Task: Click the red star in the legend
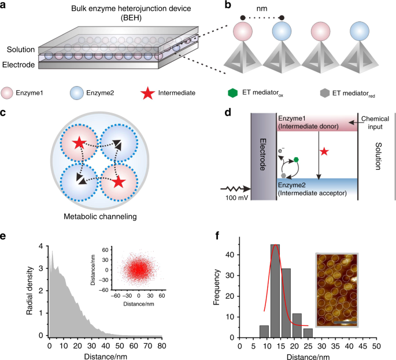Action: pyautogui.click(x=148, y=93)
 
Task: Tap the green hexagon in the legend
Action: pyautogui.click(x=232, y=93)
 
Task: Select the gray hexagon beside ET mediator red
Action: pyautogui.click(x=325, y=93)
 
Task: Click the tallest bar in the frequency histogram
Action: pyautogui.click(x=275, y=291)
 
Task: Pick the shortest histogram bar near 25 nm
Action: pyautogui.click(x=308, y=333)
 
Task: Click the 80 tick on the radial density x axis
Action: pyautogui.click(x=162, y=346)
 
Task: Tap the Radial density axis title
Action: pyautogui.click(x=29, y=291)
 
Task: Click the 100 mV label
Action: pyautogui.click(x=236, y=198)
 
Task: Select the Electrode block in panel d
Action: pyautogui.click(x=264, y=157)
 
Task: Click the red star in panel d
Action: pyautogui.click(x=324, y=151)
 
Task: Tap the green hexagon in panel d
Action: pyautogui.click(x=296, y=159)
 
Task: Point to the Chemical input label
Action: pyautogui.click(x=375, y=123)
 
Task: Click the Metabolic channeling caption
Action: pyautogui.click(x=100, y=217)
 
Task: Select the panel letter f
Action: pyautogui.click(x=217, y=236)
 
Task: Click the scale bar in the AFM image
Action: pyautogui.click(x=345, y=322)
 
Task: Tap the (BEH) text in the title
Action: pyautogui.click(x=131, y=18)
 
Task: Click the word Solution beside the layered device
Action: pyautogui.click(x=21, y=50)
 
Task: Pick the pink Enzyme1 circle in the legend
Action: pyautogui.click(x=6, y=93)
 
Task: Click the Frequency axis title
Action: pyautogui.click(x=217, y=287)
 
